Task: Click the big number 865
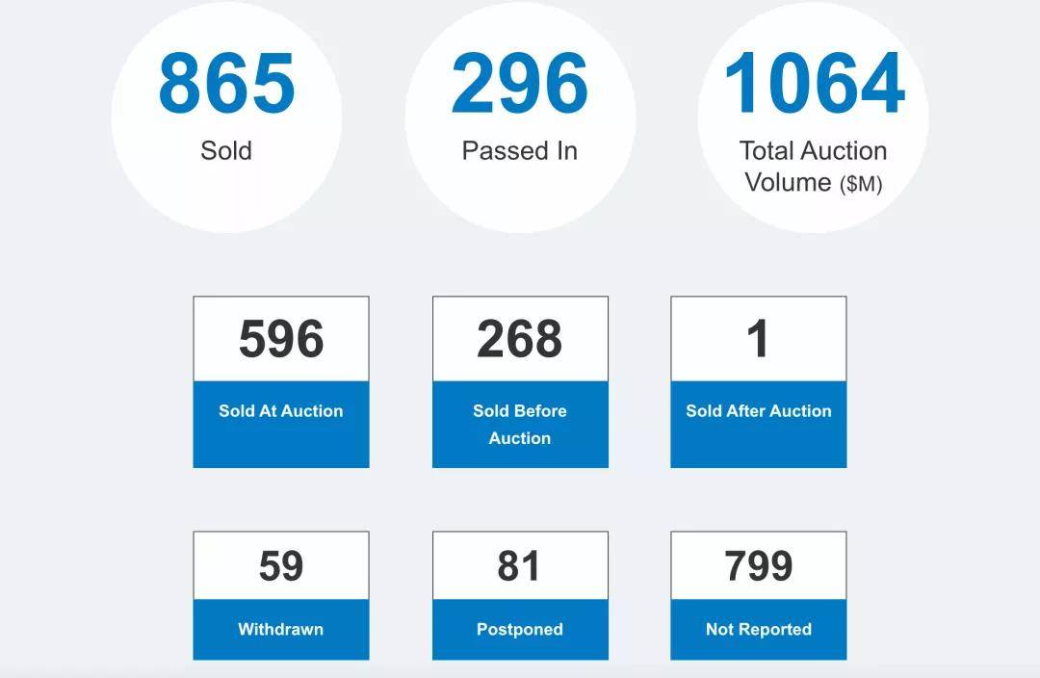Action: pos(226,84)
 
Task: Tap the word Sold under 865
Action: pos(226,151)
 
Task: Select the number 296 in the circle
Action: pos(519,84)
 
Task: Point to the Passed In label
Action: pos(519,151)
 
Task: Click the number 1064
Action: pos(814,84)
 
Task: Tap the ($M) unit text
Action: pos(861,184)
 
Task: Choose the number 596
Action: pos(281,339)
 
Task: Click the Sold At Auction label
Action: pos(281,411)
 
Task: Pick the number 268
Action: pos(519,339)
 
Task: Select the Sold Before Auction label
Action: pos(519,424)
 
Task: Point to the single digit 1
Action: pos(758,339)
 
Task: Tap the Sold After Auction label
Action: pos(758,411)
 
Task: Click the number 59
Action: pos(281,566)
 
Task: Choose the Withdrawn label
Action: pos(281,630)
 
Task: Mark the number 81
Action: pos(519,566)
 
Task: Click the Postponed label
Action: pos(519,630)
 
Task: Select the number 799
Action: pos(758,566)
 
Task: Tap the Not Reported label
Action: pos(758,630)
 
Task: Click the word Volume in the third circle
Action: pos(788,182)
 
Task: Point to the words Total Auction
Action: pos(813,151)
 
